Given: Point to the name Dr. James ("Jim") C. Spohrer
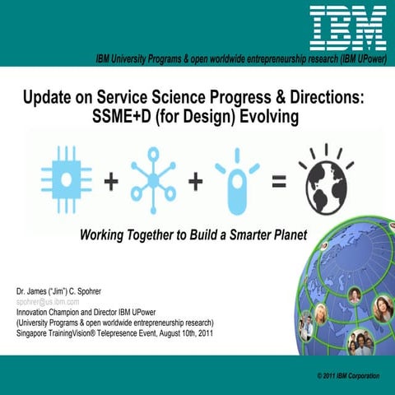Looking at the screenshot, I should point(66,292).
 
